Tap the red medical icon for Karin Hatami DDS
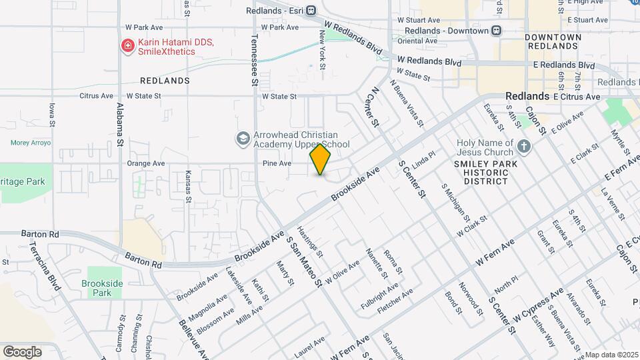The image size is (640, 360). click(126, 46)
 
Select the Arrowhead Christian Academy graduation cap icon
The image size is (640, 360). click(243, 139)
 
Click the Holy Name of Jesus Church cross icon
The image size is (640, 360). click(524, 146)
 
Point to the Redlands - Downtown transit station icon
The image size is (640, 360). click(496, 31)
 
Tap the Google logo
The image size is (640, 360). click(21, 352)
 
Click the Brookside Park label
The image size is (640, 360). click(102, 288)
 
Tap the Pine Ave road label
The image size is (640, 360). click(277, 163)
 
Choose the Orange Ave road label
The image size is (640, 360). click(145, 163)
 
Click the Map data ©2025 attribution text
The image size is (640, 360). click(612, 355)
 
